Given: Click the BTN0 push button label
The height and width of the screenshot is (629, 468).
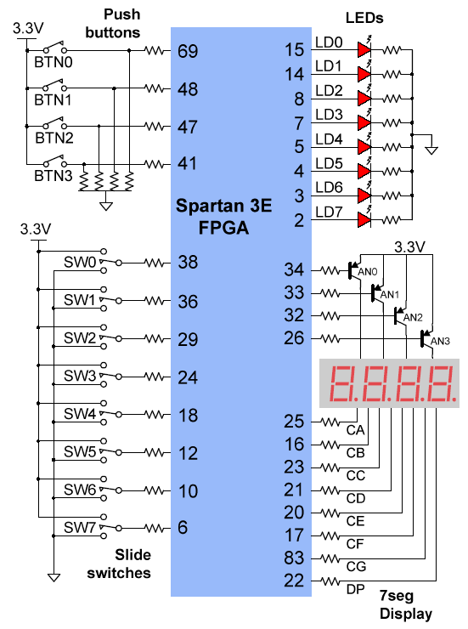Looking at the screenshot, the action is tap(54, 62).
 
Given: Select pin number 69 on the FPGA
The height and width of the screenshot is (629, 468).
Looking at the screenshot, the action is tap(188, 51).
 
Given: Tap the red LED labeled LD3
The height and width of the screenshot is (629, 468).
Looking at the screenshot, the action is tap(364, 122).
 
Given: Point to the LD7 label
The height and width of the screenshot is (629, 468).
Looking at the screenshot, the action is tap(329, 212).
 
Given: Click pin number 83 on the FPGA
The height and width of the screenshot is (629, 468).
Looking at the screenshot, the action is tap(294, 558).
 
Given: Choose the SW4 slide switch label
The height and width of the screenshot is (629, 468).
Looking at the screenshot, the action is tap(80, 414).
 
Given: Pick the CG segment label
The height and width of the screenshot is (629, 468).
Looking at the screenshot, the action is tap(356, 566).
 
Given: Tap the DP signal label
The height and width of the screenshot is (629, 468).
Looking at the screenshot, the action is tap(355, 589).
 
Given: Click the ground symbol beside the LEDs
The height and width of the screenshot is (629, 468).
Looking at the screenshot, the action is tap(431, 150).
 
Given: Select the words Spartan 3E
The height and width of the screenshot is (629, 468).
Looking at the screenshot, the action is tap(223, 206).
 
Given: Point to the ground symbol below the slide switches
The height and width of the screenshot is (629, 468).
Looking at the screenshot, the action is tap(54, 577).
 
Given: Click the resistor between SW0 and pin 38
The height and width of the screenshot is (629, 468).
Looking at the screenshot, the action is tap(154, 263).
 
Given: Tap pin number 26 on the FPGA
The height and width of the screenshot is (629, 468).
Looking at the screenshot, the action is tap(294, 338).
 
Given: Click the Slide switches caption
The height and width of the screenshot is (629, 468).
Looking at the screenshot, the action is tap(119, 564).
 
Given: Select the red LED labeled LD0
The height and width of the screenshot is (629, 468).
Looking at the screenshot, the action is tap(364, 50).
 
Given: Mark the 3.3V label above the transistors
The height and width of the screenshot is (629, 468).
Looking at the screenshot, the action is tap(410, 247).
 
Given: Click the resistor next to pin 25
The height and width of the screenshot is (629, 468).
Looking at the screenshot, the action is tap(330, 422).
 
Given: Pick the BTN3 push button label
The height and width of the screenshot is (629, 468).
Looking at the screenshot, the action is tap(54, 176).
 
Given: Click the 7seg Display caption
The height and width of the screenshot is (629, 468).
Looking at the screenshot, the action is tap(406, 605).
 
